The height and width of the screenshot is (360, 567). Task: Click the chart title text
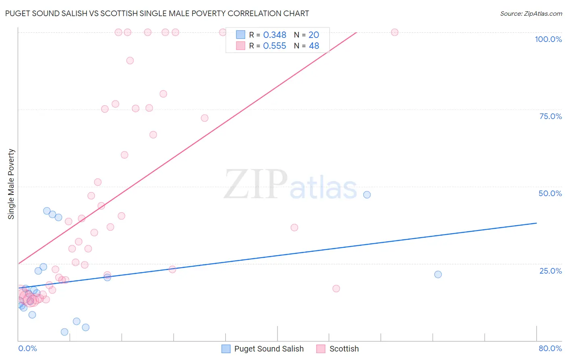[157, 13]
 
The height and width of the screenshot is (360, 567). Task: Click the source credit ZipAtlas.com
[531, 13]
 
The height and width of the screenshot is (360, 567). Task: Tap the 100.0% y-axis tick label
[548, 39]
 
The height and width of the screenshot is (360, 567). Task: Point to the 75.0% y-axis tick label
[550, 116]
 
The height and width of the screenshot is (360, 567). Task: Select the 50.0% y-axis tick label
[550, 193]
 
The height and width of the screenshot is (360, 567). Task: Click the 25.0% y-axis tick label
[550, 271]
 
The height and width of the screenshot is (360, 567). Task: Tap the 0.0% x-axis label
[27, 348]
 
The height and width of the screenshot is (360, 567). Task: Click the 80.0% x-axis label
[550, 348]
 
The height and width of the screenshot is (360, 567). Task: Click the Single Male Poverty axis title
[11, 184]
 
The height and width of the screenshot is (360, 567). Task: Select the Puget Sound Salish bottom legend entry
[263, 349]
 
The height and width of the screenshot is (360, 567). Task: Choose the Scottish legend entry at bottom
[338, 349]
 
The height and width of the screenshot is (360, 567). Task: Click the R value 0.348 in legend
[275, 35]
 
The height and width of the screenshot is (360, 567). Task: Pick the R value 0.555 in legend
[275, 46]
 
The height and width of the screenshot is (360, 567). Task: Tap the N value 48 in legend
[314, 46]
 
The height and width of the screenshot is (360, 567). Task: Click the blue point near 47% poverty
[367, 195]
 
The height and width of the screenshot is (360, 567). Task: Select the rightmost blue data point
[438, 274]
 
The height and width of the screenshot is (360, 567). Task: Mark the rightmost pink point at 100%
[395, 32]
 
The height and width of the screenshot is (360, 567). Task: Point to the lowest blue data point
[65, 332]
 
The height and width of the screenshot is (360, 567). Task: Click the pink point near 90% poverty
[130, 61]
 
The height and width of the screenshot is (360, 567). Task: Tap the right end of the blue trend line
[536, 223]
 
